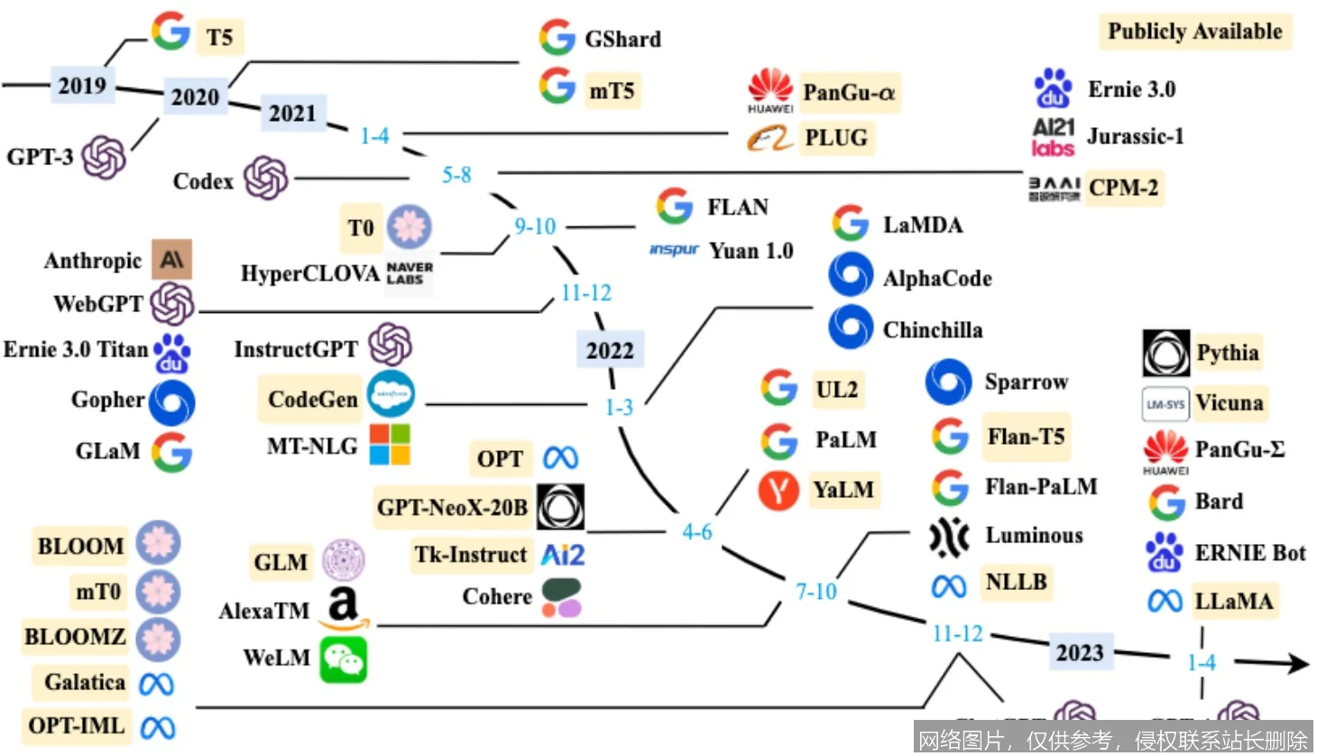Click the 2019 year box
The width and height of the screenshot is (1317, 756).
(82, 86)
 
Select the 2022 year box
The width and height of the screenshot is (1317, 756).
(610, 350)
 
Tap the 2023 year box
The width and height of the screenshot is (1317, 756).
(1080, 652)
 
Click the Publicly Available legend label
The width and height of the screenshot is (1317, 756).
(1194, 32)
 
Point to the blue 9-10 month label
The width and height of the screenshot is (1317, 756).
(535, 226)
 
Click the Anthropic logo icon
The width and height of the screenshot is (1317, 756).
(171, 260)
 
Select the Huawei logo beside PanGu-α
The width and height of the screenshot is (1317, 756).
(770, 89)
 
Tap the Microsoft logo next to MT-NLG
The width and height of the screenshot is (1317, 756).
(390, 445)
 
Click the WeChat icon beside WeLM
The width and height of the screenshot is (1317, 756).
(344, 659)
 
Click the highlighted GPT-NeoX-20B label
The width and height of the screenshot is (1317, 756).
(452, 508)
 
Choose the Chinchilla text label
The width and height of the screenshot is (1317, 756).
(933, 330)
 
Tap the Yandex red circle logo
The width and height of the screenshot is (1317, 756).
(778, 491)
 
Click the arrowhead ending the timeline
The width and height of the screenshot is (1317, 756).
(1299, 664)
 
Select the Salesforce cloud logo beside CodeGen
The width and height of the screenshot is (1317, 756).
(391, 394)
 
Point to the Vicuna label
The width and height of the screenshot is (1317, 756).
(1229, 403)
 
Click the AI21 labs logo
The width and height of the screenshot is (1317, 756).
(1053, 137)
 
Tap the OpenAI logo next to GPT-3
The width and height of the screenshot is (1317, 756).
(104, 157)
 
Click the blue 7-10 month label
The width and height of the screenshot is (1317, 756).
(815, 592)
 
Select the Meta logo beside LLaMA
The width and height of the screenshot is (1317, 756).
(1165, 601)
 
